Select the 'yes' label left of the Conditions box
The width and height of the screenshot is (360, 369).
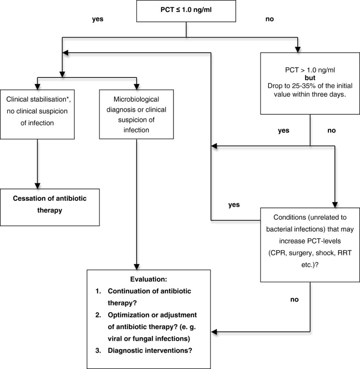coord(234,204)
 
